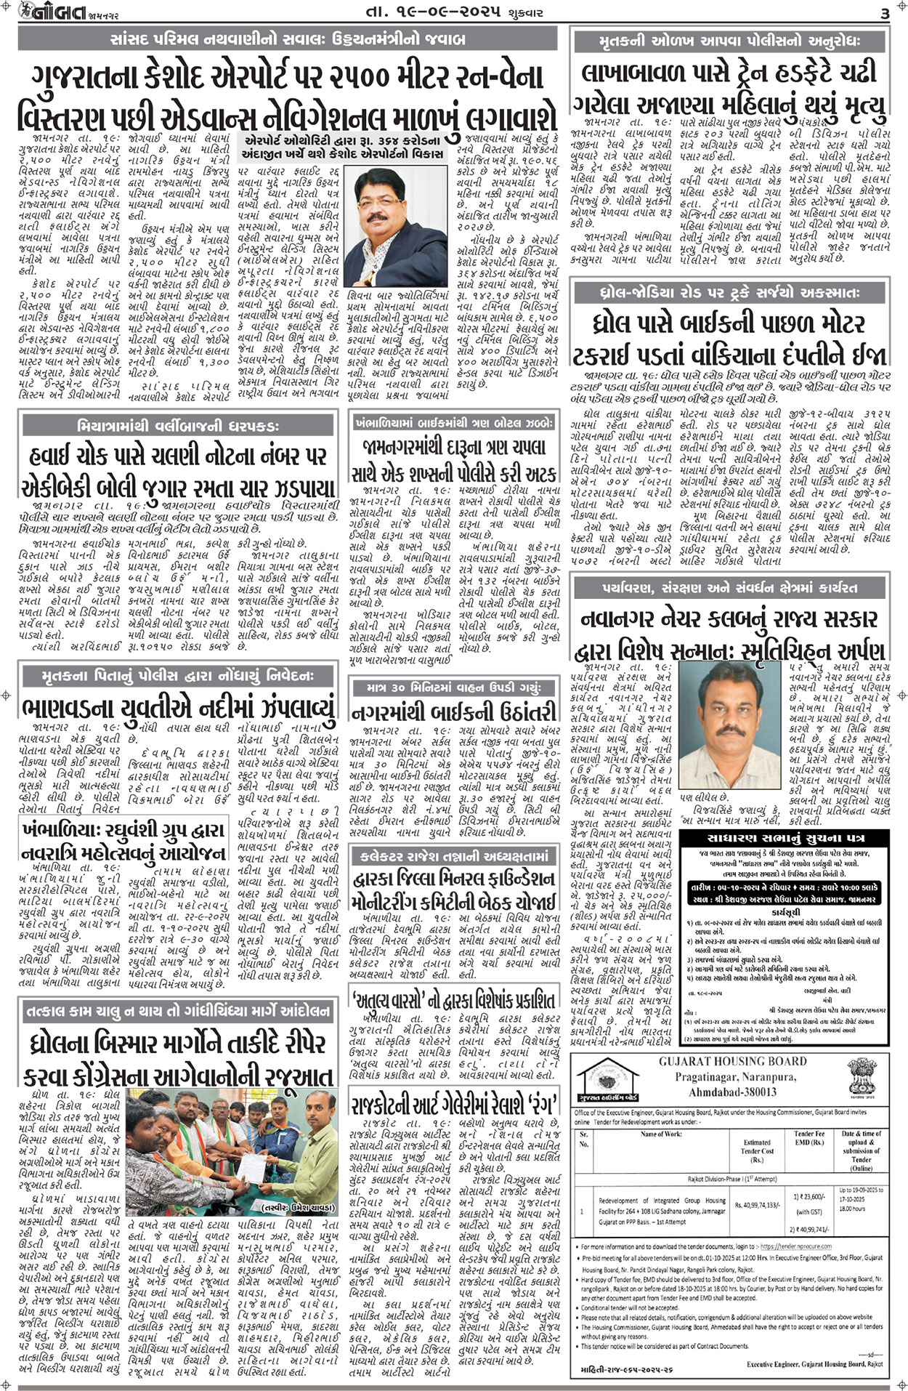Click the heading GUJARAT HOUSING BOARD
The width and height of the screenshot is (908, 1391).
point(732,1061)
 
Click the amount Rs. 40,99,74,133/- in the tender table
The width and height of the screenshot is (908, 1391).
point(757,1204)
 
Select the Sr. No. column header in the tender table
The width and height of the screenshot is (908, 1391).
point(583,1138)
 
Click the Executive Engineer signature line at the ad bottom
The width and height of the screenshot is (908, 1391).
point(814,1365)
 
